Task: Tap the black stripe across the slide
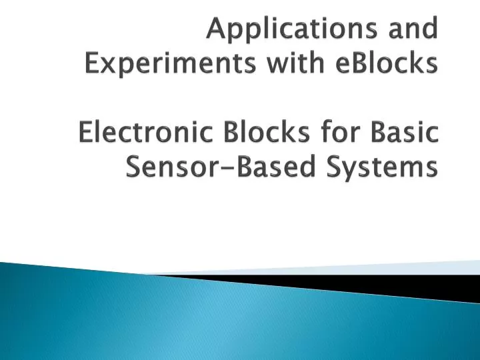373,284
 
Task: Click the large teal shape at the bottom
200,320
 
